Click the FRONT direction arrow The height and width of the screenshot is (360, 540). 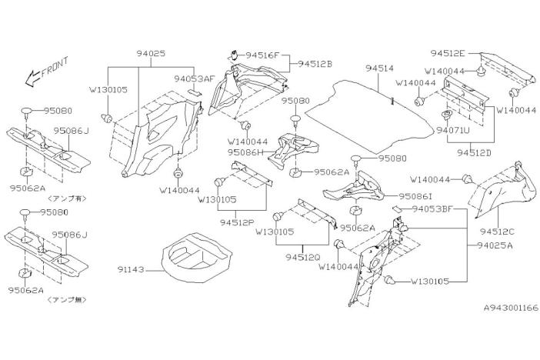pyautogui.click(x=34, y=78)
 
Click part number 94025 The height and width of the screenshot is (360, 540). pyautogui.click(x=151, y=53)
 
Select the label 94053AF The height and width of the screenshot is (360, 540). pyautogui.click(x=195, y=78)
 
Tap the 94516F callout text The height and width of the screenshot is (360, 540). pyautogui.click(x=262, y=55)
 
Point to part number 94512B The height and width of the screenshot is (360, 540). pyautogui.click(x=315, y=64)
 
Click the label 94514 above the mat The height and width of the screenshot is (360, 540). pyautogui.click(x=379, y=68)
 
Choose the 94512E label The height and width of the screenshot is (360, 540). pyautogui.click(x=448, y=53)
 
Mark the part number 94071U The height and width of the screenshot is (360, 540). pyautogui.click(x=453, y=130)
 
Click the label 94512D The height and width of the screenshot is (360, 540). pyautogui.click(x=474, y=152)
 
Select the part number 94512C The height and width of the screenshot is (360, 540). pyautogui.click(x=497, y=232)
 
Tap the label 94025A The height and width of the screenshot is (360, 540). pyautogui.click(x=495, y=245)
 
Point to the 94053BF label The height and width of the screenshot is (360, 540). pyautogui.click(x=432, y=208)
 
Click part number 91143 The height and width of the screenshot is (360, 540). pyautogui.click(x=131, y=270)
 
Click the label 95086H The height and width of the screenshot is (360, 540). pyautogui.click(x=245, y=152)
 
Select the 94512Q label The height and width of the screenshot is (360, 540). pyautogui.click(x=303, y=257)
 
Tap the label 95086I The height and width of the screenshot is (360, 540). pyautogui.click(x=415, y=196)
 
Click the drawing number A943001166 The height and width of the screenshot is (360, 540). pyautogui.click(x=511, y=308)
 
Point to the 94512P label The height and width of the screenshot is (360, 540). pyautogui.click(x=237, y=222)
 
